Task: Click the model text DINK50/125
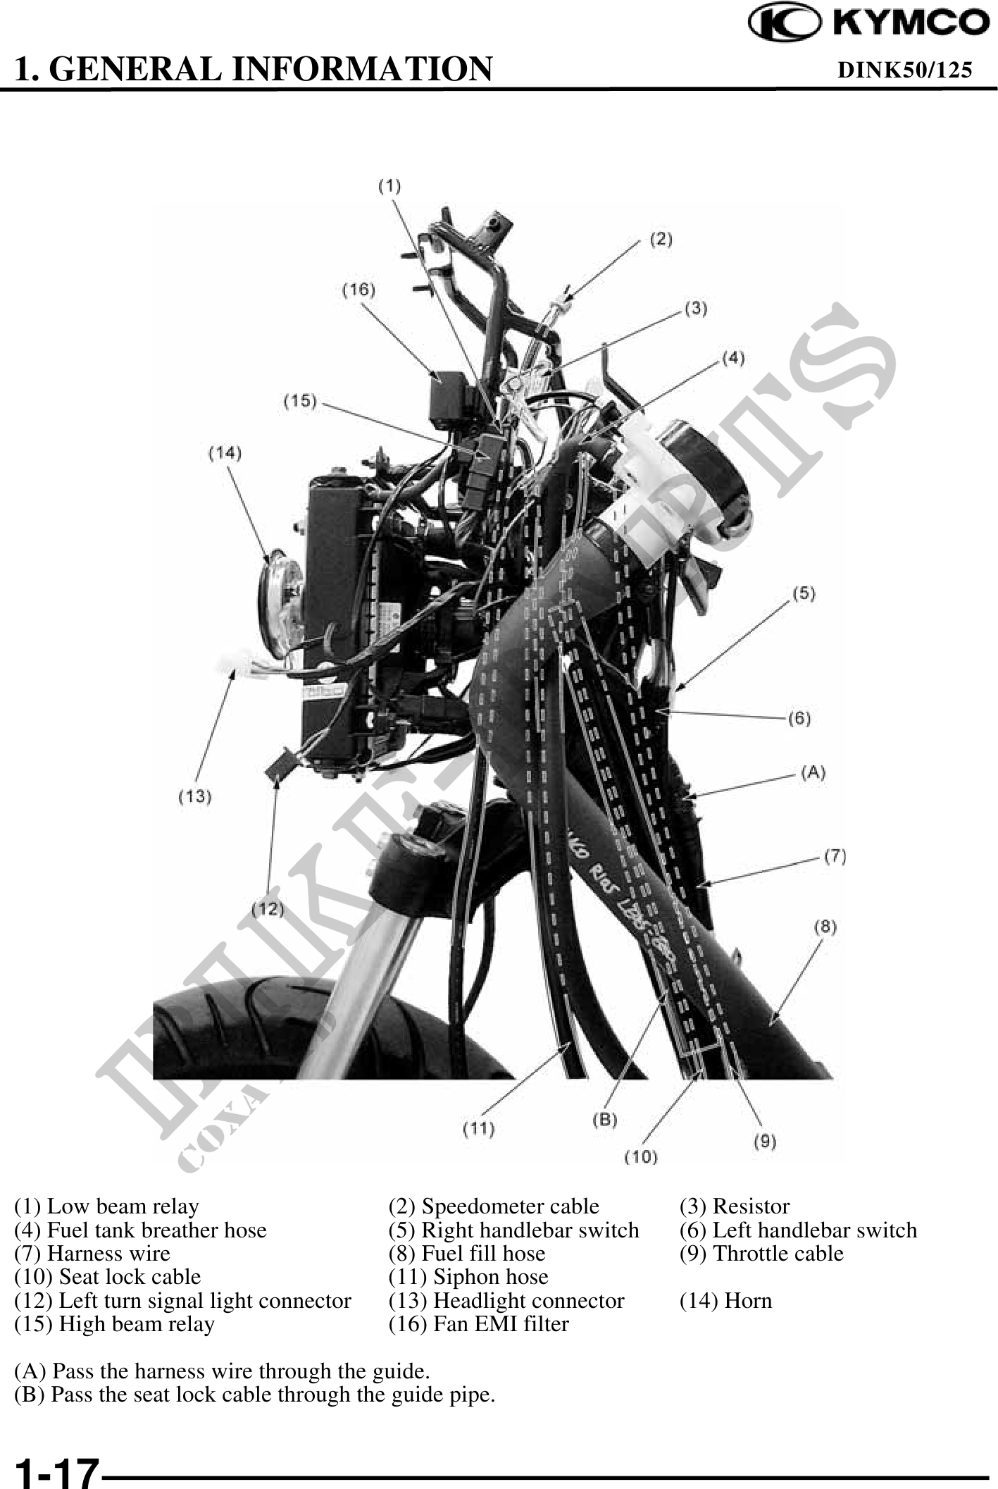pyautogui.click(x=904, y=69)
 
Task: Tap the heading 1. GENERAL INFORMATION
pyautogui.click(x=254, y=69)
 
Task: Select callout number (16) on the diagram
pyautogui.click(x=358, y=290)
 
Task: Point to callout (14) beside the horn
pyautogui.click(x=225, y=453)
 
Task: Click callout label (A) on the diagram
pyautogui.click(x=813, y=772)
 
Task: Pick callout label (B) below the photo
pyautogui.click(x=604, y=1120)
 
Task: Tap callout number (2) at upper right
pyautogui.click(x=660, y=240)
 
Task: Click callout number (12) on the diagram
pyautogui.click(x=268, y=909)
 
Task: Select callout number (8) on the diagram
pyautogui.click(x=825, y=927)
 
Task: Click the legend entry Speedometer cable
pyautogui.click(x=494, y=1206)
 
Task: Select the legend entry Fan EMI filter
pyautogui.click(x=478, y=1323)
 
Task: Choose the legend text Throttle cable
pyautogui.click(x=761, y=1253)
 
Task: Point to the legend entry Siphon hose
pyautogui.click(x=468, y=1276)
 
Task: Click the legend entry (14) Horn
pyautogui.click(x=725, y=1300)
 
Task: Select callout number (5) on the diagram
pyautogui.click(x=804, y=593)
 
